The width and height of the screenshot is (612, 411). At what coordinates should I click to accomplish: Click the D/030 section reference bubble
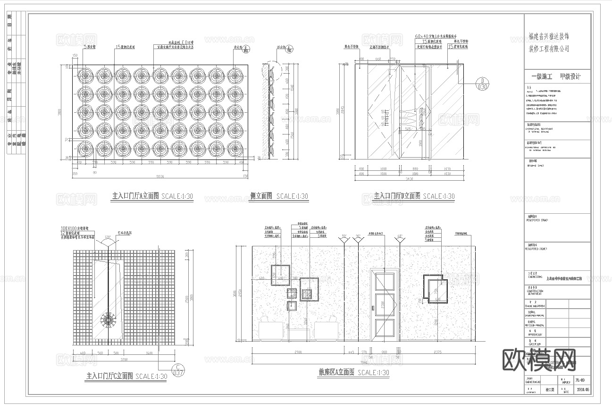coord(482,84)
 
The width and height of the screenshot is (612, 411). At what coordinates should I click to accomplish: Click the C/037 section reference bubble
coord(177,370)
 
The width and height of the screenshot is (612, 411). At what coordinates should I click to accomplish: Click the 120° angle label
coord(108,237)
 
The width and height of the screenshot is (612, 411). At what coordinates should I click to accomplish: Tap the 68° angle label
coord(400,236)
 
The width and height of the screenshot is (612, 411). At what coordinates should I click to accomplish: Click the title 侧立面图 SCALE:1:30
coord(278,196)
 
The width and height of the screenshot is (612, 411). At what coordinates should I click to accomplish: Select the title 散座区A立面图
coord(336,372)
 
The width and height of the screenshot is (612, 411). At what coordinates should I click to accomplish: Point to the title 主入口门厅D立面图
coord(397,196)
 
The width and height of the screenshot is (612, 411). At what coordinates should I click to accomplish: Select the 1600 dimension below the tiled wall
coord(149,353)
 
